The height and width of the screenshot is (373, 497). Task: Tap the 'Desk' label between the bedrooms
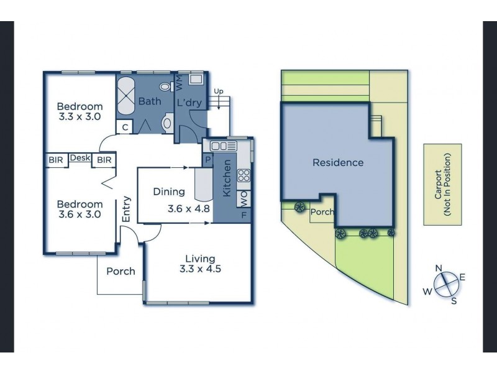(x=80, y=159)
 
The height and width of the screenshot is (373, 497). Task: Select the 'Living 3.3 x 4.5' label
(x=199, y=264)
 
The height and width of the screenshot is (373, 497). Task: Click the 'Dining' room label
(x=168, y=192)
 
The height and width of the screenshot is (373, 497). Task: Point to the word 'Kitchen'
(x=227, y=178)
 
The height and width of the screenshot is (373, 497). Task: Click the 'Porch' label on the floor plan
(x=121, y=271)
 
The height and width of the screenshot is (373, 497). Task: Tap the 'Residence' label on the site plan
(x=337, y=163)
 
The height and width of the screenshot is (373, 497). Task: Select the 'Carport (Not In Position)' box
(x=442, y=185)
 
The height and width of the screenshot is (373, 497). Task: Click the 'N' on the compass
(x=438, y=268)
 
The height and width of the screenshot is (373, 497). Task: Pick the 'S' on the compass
(x=454, y=302)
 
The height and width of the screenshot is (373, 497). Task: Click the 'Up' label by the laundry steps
(x=218, y=91)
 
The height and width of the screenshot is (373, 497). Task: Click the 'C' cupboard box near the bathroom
(x=125, y=127)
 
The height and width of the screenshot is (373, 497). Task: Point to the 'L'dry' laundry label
(x=189, y=103)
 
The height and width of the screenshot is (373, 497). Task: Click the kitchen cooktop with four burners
(x=244, y=175)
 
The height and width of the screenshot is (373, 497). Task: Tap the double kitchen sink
(x=220, y=146)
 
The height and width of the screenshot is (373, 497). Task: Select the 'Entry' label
(x=126, y=209)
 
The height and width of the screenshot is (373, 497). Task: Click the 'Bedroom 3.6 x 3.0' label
(x=80, y=210)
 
